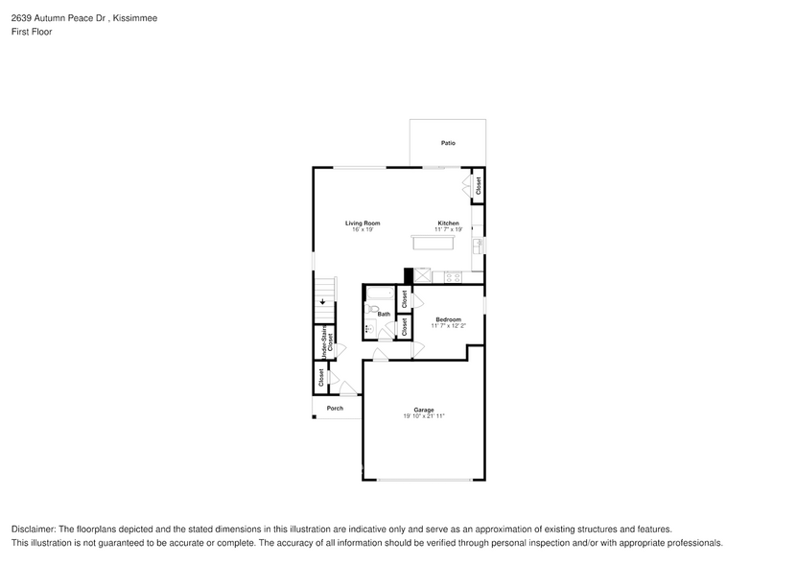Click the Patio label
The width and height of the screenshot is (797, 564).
pyautogui.click(x=448, y=143)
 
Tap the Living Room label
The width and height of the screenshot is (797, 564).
pyautogui.click(x=363, y=223)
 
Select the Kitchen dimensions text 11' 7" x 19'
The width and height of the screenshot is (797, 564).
pyautogui.click(x=448, y=230)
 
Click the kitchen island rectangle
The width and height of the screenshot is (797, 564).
pyautogui.click(x=434, y=244)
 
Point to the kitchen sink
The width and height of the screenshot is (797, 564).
pyautogui.click(x=477, y=247)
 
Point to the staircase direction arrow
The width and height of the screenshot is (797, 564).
pyautogui.click(x=323, y=300)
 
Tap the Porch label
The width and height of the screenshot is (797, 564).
pyautogui.click(x=335, y=409)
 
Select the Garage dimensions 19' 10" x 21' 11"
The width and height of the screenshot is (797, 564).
pyautogui.click(x=423, y=416)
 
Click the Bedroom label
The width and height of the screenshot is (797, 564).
pyautogui.click(x=448, y=319)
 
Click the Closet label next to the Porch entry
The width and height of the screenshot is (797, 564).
pyautogui.click(x=321, y=379)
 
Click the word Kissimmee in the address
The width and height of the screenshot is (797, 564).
pyautogui.click(x=137, y=18)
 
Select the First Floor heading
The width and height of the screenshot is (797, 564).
pyautogui.click(x=32, y=32)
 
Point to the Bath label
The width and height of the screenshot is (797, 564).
pyautogui.click(x=384, y=315)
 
